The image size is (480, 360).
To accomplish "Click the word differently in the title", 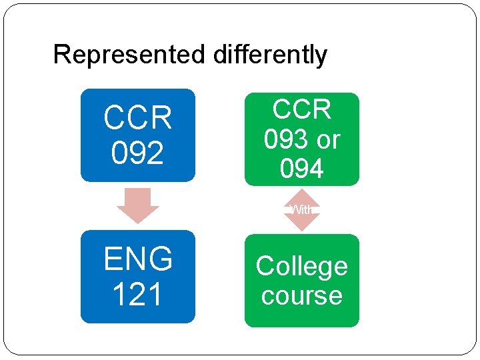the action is click(x=270, y=55).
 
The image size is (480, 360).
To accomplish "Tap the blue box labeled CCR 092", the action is click(x=138, y=135).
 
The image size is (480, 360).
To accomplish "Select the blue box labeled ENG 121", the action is click(x=138, y=277).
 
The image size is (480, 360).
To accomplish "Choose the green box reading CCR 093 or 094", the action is click(x=301, y=139).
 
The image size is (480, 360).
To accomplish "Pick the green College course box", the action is click(x=301, y=281).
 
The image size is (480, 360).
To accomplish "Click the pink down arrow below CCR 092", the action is click(x=138, y=205).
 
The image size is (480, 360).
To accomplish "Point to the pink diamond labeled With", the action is click(x=302, y=209).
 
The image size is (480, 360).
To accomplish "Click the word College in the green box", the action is click(x=301, y=266).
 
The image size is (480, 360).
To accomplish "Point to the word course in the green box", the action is click(x=301, y=295).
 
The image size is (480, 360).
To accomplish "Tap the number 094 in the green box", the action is click(x=301, y=169).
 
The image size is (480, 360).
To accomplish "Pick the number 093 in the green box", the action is click(x=286, y=139).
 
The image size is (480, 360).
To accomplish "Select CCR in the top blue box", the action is click(x=138, y=119).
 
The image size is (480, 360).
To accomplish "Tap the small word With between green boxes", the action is click(x=302, y=209).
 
